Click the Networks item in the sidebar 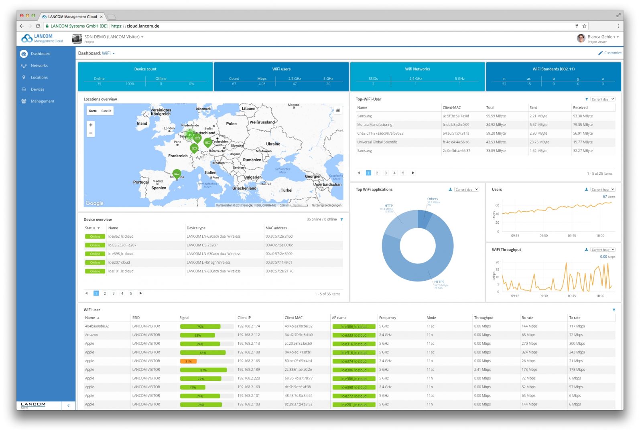(x=39, y=66)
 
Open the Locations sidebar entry (x=39, y=77)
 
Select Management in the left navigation (x=42, y=101)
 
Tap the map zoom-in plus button (x=91, y=125)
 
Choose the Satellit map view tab (x=106, y=111)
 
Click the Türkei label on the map (x=286, y=190)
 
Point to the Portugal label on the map (x=141, y=182)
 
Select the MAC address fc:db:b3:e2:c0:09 (x=456, y=125)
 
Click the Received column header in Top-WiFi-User (x=580, y=107)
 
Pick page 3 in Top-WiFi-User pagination (x=386, y=173)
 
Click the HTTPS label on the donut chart (x=439, y=282)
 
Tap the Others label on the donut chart (x=433, y=199)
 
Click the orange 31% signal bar (x=189, y=361)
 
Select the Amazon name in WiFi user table (x=91, y=335)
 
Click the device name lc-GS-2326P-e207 (x=122, y=245)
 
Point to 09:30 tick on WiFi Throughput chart (x=543, y=296)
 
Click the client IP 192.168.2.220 (x=248, y=378)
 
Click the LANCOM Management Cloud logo (x=43, y=38)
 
